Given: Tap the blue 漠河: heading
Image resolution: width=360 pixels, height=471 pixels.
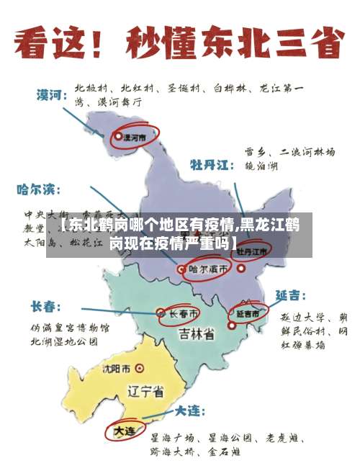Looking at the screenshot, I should click(52, 94).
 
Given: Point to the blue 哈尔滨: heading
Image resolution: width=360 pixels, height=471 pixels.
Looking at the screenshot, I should click(40, 190).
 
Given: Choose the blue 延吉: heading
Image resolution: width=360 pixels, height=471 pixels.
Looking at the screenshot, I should click(291, 295).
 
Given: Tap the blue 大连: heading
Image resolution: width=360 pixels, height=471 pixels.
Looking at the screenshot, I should click(188, 411).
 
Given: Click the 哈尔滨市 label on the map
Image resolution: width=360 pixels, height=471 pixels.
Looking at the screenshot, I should click(208, 269).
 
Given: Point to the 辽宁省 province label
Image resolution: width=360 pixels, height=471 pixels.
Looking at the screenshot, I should click(145, 392).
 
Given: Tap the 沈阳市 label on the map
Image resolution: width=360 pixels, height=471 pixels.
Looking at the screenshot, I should click(116, 369).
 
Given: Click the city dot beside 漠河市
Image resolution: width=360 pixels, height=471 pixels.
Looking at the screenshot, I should click(119, 135).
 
